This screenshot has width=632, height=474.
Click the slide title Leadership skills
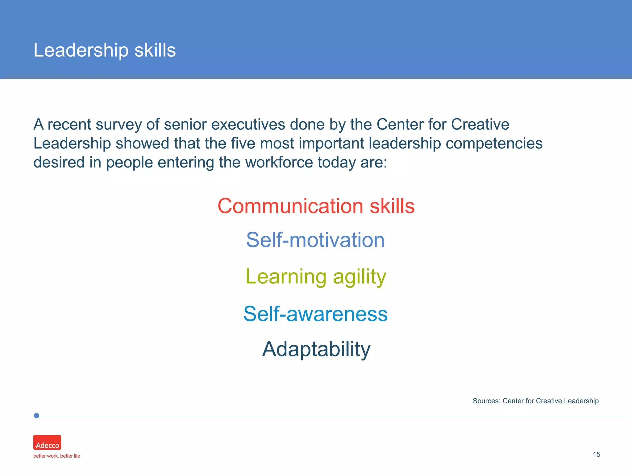pyautogui.click(x=105, y=50)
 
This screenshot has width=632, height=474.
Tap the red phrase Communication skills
pyautogui.click(x=316, y=206)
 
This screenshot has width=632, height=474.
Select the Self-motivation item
pyautogui.click(x=315, y=240)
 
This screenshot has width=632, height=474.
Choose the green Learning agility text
pyautogui.click(x=316, y=276)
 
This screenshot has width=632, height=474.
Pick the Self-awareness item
pyautogui.click(x=315, y=314)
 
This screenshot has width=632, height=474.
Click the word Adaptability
pyautogui.click(x=316, y=349)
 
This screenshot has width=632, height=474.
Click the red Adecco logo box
pyautogui.click(x=47, y=443)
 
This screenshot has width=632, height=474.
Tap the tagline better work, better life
pyautogui.click(x=56, y=456)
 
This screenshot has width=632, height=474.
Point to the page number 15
pyautogui.click(x=596, y=455)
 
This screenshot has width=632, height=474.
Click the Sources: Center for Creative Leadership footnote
pyautogui.click(x=535, y=401)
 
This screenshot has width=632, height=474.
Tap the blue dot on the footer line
pyautogui.click(x=36, y=416)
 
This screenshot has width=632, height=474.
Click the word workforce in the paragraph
pyautogui.click(x=279, y=162)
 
